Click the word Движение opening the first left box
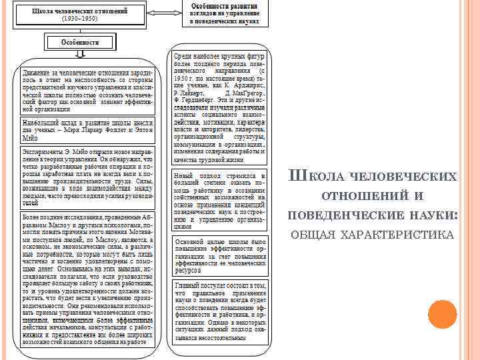click(37, 72)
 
